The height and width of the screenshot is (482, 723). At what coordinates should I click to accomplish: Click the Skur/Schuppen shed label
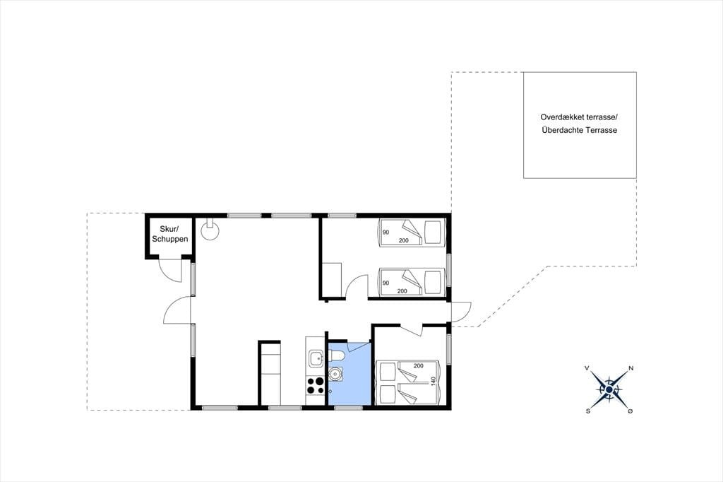click(x=169, y=234)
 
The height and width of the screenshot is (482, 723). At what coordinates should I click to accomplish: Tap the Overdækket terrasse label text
click(x=578, y=118)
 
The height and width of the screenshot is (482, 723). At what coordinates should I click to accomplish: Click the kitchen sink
click(x=316, y=358)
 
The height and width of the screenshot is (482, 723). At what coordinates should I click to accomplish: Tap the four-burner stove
click(x=316, y=385)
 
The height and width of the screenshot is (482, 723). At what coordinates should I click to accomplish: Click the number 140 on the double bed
click(x=433, y=382)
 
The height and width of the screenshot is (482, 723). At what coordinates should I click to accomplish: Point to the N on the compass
click(x=631, y=368)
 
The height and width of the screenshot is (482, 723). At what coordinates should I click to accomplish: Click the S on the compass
click(x=588, y=411)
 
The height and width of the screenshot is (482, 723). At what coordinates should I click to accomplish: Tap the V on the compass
click(x=587, y=368)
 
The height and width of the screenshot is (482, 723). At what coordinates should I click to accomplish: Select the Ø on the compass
click(x=630, y=411)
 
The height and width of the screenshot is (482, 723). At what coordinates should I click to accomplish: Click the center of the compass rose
click(x=609, y=390)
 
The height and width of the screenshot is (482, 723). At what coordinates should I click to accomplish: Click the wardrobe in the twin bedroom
click(x=332, y=279)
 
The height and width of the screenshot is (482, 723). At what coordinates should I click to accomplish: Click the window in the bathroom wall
click(x=348, y=407)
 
